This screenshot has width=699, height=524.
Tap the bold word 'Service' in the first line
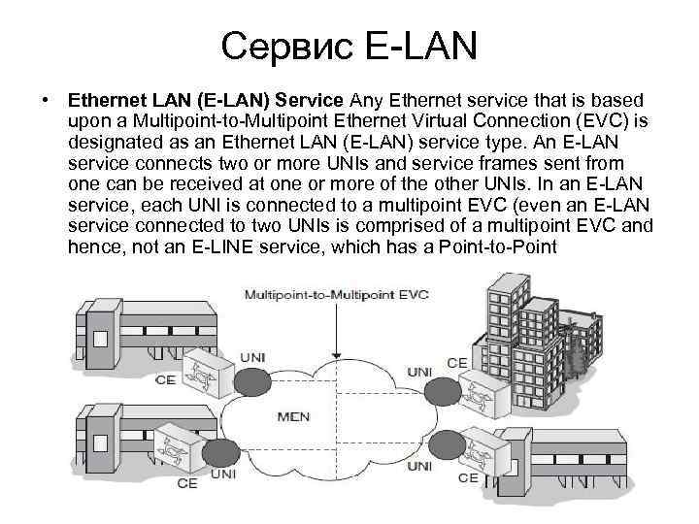click(316, 100)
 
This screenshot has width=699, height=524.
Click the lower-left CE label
click(186, 482)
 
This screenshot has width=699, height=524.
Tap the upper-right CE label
click(457, 363)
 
